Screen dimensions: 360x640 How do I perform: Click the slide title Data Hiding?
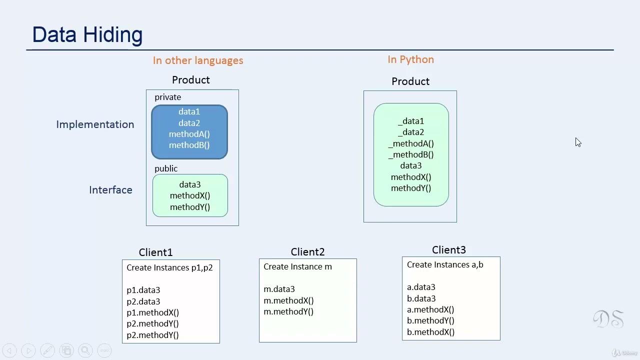87,35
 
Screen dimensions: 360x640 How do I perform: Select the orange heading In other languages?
198,60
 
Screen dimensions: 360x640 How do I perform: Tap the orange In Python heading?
410,59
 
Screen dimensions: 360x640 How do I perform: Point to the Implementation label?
95,124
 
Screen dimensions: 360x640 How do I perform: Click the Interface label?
110,190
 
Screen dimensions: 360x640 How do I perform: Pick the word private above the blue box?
167,97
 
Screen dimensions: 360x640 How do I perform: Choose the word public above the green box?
166,168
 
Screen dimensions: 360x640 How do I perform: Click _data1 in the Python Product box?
411,121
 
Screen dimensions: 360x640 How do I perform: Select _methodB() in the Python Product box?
411,154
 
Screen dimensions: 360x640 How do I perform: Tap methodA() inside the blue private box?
189,134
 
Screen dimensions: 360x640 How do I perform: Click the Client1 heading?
155,252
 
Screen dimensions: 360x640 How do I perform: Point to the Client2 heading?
307,252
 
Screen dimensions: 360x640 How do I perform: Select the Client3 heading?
448,250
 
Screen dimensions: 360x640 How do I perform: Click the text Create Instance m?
297,267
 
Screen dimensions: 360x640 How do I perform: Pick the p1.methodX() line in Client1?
152,312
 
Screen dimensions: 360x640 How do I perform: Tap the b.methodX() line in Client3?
430,332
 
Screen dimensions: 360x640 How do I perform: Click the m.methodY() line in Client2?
288,311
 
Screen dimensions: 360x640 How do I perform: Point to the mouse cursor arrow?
578,142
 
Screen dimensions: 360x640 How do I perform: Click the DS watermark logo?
608,319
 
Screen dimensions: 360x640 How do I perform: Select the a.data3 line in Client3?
421,287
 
